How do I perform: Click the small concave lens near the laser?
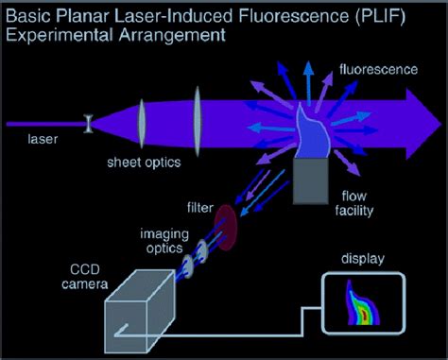(88, 123)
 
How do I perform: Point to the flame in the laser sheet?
(311, 132)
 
